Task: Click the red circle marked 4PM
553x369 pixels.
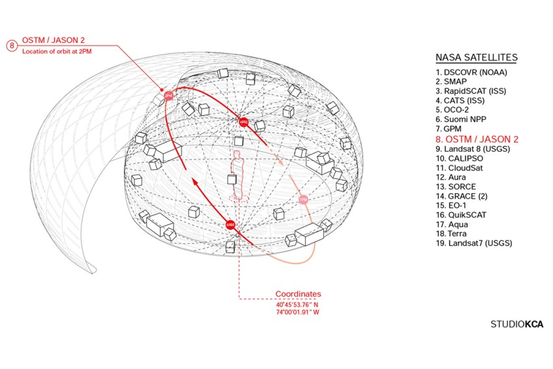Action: [x=243, y=121]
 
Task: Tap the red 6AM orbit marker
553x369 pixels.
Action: [x=230, y=225]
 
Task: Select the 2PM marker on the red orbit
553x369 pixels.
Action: [x=169, y=95]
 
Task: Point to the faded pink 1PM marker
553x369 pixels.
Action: [x=303, y=199]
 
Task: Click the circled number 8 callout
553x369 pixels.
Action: [x=11, y=46]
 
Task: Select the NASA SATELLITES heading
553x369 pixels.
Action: [x=477, y=58]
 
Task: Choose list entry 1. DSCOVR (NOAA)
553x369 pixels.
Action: [x=472, y=73]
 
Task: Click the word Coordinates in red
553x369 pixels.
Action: [x=298, y=294]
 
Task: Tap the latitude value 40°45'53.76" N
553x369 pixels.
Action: [x=297, y=305]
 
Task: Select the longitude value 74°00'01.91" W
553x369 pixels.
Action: [x=297, y=312]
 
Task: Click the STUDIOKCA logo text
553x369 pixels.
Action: [x=517, y=324]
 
